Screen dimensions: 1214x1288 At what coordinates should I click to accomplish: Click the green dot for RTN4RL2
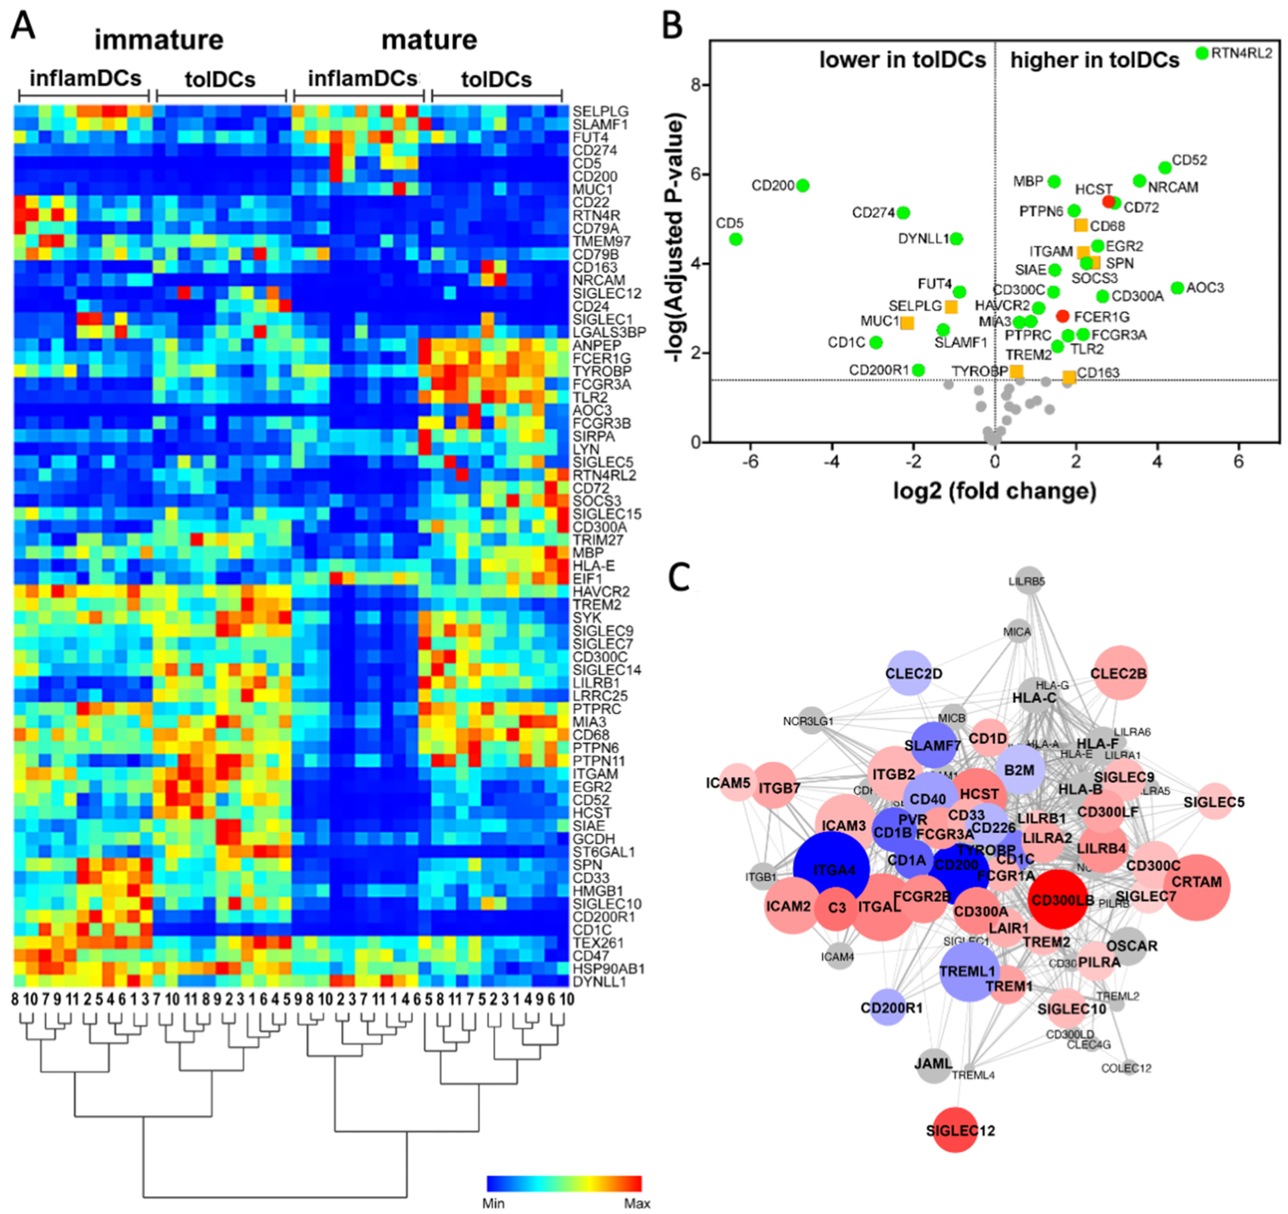[1202, 52]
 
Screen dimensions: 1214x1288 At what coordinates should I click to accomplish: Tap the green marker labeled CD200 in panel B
[803, 185]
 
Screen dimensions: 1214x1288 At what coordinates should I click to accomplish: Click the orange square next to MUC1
[907, 322]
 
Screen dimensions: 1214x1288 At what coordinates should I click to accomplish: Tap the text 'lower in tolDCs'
[902, 60]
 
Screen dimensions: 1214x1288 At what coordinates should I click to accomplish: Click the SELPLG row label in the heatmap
[600, 111]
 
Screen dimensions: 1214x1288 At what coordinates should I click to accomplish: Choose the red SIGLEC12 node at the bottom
[955, 1130]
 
